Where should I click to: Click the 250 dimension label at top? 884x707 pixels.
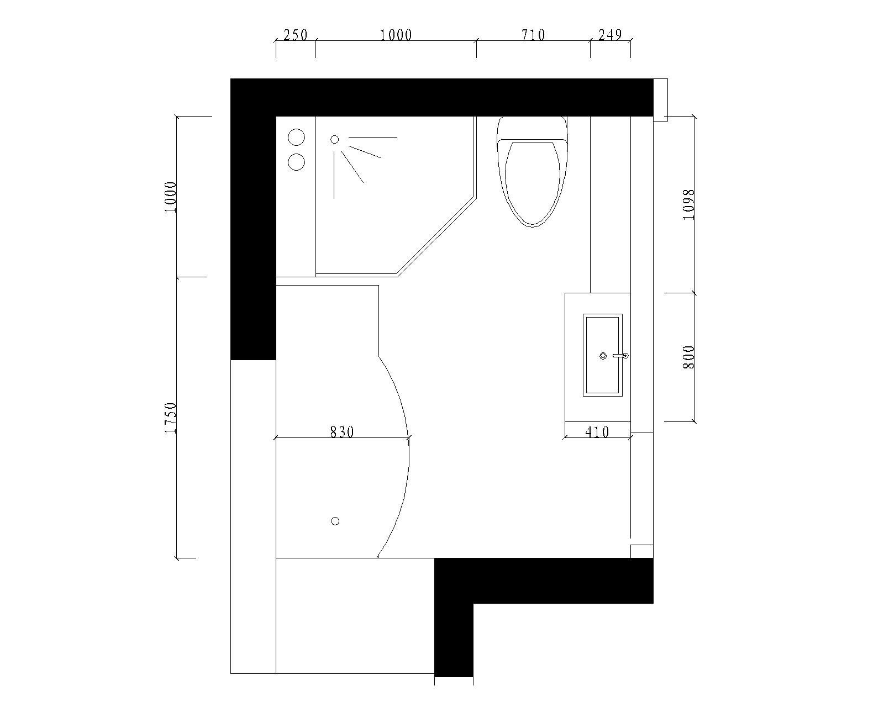296,35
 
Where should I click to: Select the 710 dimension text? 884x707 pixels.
533,35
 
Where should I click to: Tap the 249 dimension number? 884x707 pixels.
610,35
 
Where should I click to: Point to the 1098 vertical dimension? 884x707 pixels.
689,204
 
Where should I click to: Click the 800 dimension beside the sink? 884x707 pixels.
689,357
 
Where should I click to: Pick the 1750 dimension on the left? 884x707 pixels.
170,418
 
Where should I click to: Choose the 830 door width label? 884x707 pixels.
342,432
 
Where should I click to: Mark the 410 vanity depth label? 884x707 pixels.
597,432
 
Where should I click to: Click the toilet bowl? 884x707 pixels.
533,183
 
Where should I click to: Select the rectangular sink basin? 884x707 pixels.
603,355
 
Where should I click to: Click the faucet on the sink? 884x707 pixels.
620,356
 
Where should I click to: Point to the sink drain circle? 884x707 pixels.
603,356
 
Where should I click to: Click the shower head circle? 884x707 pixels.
335,140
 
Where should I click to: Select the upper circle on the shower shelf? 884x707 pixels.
296,137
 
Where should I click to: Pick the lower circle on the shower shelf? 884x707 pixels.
296,162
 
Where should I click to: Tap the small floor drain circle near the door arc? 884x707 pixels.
335,521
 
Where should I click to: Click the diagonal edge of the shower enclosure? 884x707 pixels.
436,238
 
